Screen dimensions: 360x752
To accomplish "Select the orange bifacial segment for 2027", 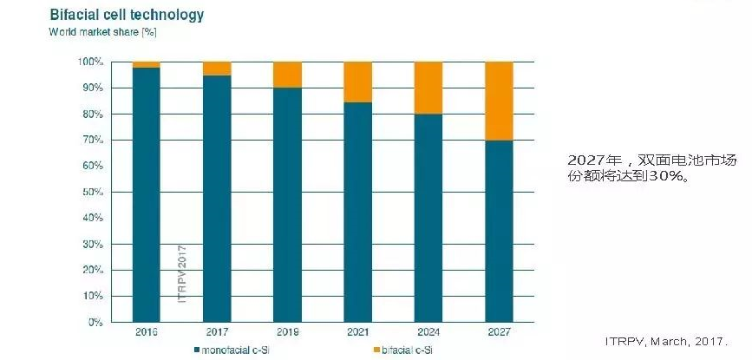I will pyautogui.click(x=500, y=101).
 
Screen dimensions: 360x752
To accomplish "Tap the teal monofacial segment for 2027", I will pyautogui.click(x=500, y=230).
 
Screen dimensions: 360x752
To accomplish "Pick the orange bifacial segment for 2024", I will pyautogui.click(x=428, y=88).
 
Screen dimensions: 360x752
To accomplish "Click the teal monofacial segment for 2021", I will pyautogui.click(x=357, y=212).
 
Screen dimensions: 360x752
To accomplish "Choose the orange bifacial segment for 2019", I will pyautogui.click(x=287, y=75).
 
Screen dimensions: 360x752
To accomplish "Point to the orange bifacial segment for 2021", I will pyautogui.click(x=357, y=82).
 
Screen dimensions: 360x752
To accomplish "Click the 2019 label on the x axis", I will pyautogui.click(x=287, y=332).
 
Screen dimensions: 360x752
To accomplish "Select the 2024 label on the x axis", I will pyautogui.click(x=428, y=332).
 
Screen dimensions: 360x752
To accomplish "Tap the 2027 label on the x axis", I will pyautogui.click(x=500, y=332).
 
